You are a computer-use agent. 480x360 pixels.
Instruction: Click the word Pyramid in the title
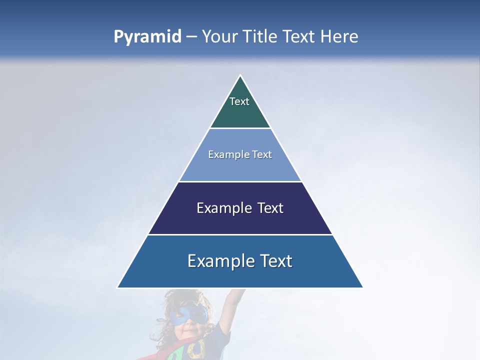pos(147,36)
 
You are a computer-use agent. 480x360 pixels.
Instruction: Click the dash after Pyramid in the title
pos(191,37)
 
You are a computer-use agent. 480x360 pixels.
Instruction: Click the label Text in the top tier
pos(239,101)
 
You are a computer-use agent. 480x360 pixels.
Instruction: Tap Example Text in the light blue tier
pos(240,154)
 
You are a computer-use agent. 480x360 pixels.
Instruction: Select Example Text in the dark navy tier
pos(240,208)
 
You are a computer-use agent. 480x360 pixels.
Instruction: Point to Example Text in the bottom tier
pos(240,261)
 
